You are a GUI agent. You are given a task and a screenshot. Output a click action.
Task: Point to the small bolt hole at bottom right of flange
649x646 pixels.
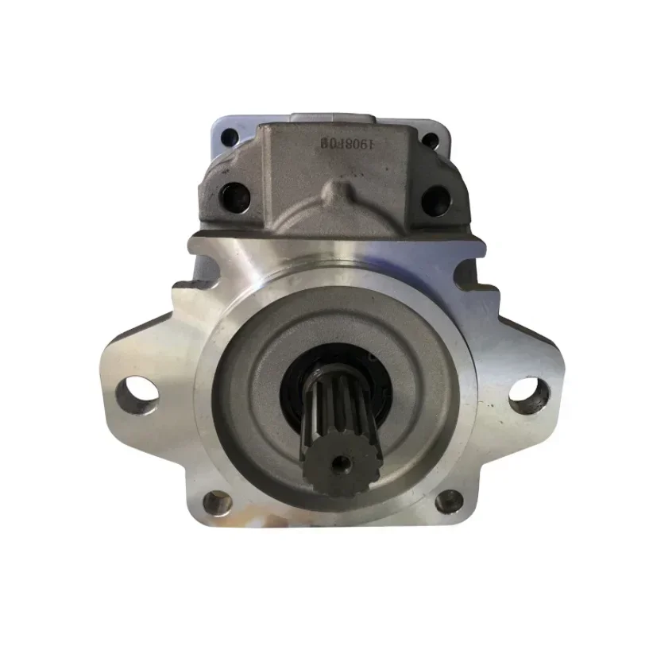click(448, 500)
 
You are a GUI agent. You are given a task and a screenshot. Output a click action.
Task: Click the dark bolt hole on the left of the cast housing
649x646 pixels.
click(233, 194)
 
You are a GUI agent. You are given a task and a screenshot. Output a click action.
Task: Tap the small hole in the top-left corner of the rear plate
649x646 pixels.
click(229, 137)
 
